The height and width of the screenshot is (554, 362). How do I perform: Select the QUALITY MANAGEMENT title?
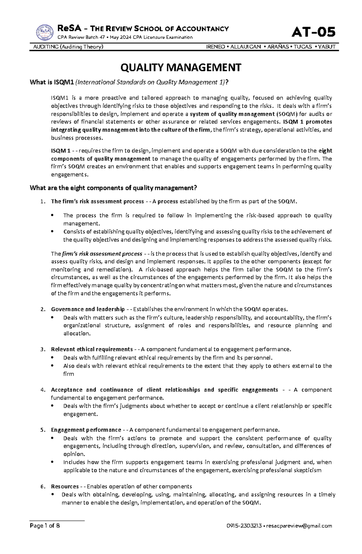pos(181,67)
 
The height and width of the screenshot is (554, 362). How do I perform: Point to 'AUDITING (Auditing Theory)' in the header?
pos(66,47)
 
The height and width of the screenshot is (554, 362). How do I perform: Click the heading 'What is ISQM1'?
pos(52,82)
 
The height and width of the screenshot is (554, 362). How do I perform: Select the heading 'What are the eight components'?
pos(113,188)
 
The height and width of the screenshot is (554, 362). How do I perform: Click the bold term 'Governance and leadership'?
pos(88,309)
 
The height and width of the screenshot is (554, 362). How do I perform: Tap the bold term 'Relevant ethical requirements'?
pos(92,349)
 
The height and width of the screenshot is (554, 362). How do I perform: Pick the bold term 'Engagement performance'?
pos(86,430)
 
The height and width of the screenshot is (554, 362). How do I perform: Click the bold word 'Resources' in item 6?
pos(65,486)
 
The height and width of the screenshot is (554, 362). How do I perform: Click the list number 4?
pos(42,390)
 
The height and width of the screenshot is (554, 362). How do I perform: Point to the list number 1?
pos(42,202)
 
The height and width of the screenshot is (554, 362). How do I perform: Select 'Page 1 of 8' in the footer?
pos(45,534)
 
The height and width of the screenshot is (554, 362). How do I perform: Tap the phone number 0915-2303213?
pos(244,534)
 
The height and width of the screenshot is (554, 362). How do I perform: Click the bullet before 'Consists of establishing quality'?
pos(52,232)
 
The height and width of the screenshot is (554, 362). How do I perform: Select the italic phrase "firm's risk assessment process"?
pos(102,254)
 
